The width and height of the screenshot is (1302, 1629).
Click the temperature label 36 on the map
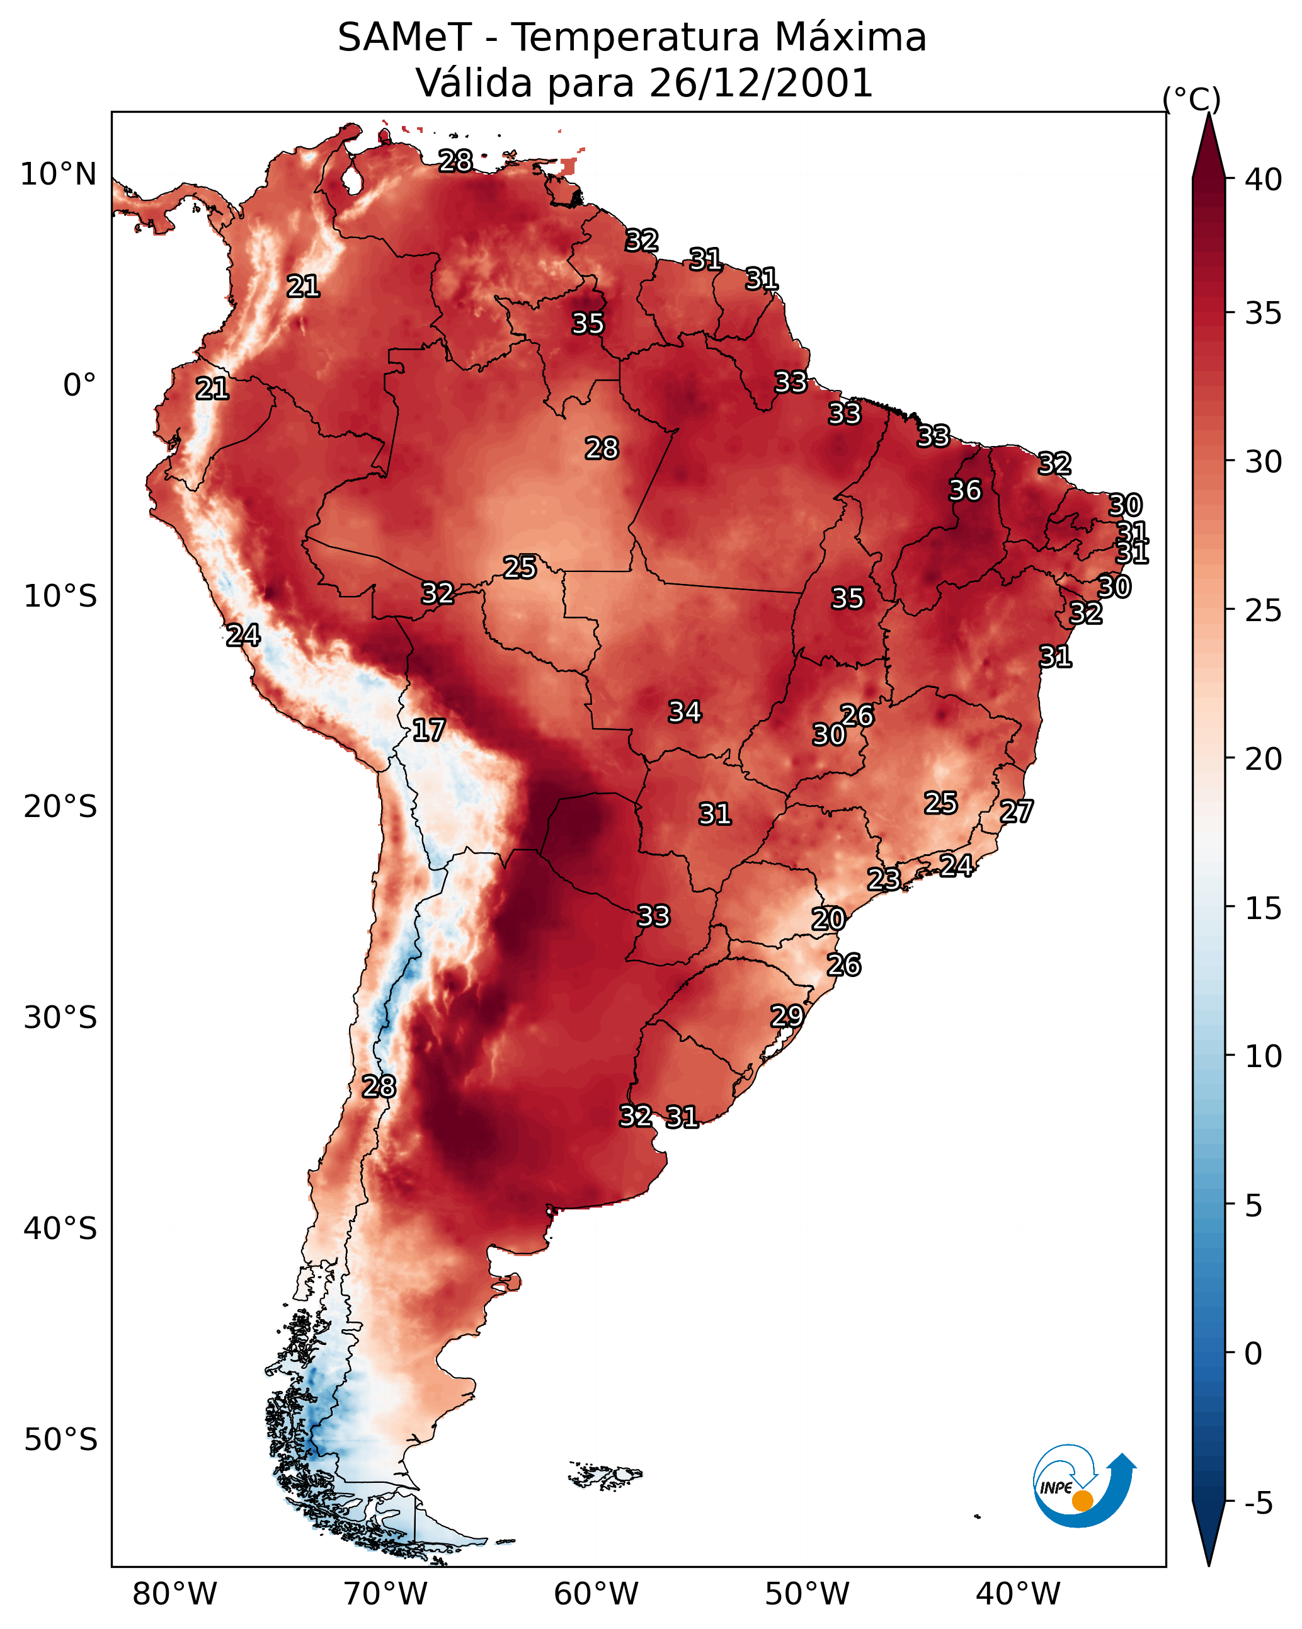point(965,490)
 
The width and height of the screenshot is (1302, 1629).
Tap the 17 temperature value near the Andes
point(428,730)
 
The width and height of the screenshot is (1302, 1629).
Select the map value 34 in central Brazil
point(685,712)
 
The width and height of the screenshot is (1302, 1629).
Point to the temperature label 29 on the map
point(787,1015)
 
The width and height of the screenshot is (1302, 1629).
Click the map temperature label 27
point(1017,811)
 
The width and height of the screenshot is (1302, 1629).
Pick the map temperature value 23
point(883,879)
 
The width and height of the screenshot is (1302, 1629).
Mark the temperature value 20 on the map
point(828,919)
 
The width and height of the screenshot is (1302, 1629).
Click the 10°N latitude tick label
point(58,174)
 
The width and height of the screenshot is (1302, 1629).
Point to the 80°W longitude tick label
point(174,1594)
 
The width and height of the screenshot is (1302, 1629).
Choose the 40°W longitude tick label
point(1018,1594)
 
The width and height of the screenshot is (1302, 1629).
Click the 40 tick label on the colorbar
point(1264,180)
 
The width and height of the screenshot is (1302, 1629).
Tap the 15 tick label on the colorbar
point(1264,908)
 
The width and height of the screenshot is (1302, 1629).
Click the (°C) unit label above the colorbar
point(1192,99)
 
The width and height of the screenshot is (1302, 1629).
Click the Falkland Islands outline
point(606,1475)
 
